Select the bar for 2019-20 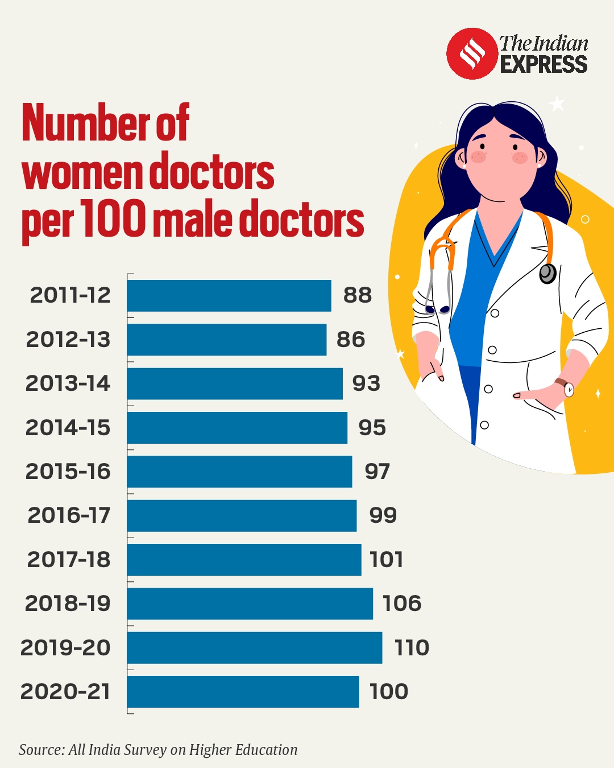255,647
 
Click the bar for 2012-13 227,340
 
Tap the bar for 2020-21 243,692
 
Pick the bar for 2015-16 239,472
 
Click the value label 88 358,295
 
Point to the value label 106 402,604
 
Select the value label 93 366,383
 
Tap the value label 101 387,560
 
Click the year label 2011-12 70,295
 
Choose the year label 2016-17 69,515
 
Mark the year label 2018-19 68,604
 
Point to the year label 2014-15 68,428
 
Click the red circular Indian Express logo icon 471,53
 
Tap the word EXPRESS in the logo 544,64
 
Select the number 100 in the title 113,218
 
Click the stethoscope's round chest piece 547,274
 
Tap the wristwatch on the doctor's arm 567,389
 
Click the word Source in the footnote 41,750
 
